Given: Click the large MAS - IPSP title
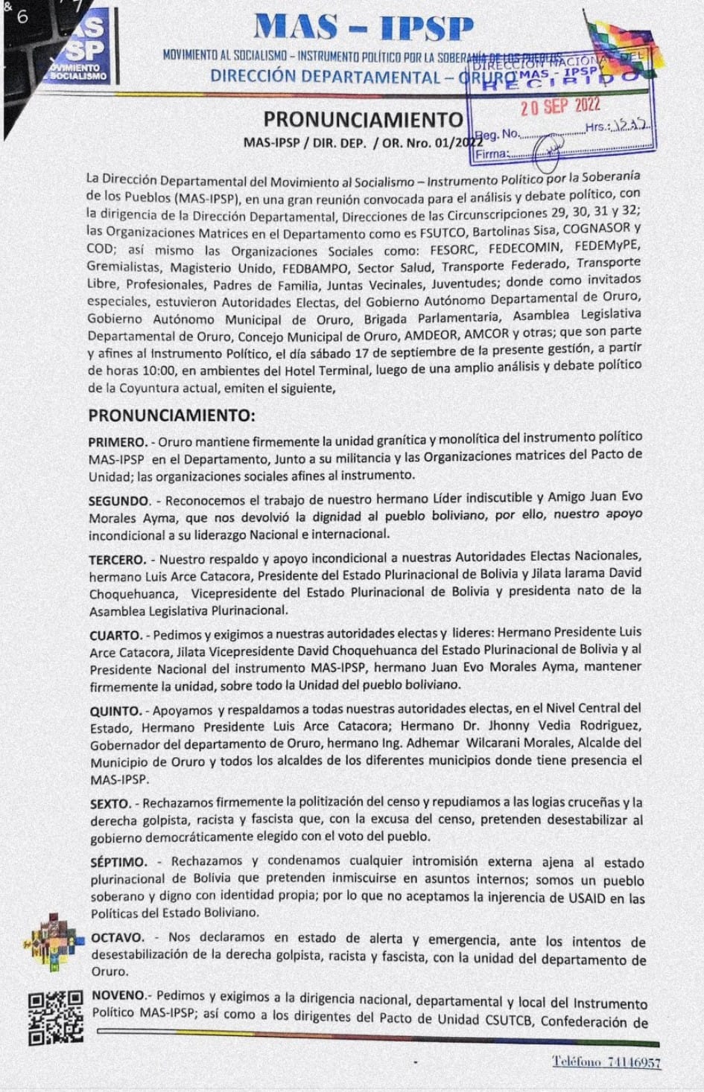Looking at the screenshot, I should [363, 28].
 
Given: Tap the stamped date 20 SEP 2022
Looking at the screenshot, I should [559, 106].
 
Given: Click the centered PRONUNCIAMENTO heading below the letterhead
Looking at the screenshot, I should [363, 120].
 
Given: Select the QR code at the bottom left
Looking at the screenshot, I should [55, 1017].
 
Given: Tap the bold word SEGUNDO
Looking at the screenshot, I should [119, 501].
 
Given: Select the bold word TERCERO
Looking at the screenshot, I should [117, 560].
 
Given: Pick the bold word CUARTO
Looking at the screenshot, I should [115, 635].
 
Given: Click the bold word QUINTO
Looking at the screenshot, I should [115, 711].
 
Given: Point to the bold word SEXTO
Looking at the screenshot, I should [110, 804].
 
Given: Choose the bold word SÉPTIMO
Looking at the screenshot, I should [118, 862].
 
